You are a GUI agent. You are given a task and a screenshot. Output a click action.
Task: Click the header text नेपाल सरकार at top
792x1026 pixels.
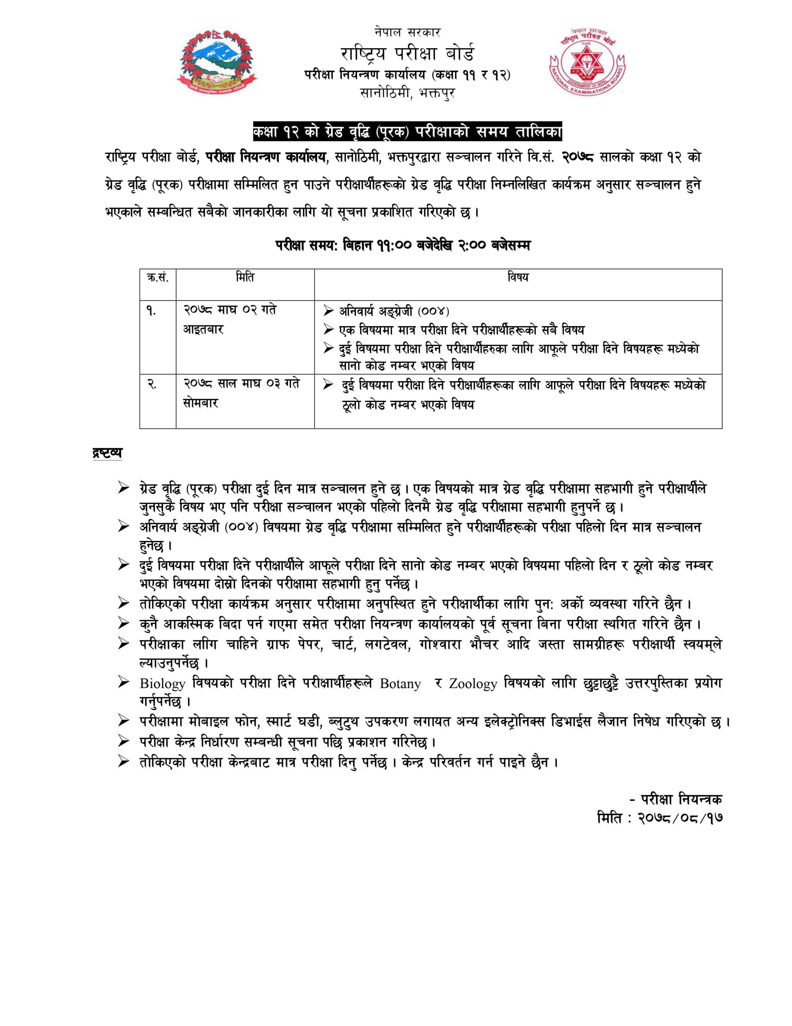point(408,32)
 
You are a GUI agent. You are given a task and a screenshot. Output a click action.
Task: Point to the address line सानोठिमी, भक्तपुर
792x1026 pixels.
point(408,93)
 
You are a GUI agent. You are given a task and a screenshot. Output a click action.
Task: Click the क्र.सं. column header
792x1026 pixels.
point(158,278)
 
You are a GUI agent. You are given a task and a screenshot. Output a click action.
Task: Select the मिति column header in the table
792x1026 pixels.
point(245,278)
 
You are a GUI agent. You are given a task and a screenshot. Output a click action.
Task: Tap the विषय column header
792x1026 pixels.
point(518,278)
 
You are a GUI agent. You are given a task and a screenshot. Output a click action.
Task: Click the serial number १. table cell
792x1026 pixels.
point(151,311)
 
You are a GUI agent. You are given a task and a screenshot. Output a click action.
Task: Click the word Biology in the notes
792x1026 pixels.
point(163,683)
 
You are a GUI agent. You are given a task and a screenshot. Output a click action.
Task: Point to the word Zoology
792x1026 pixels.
point(473,683)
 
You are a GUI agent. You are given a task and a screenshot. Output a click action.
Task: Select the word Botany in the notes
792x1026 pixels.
point(400,683)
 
